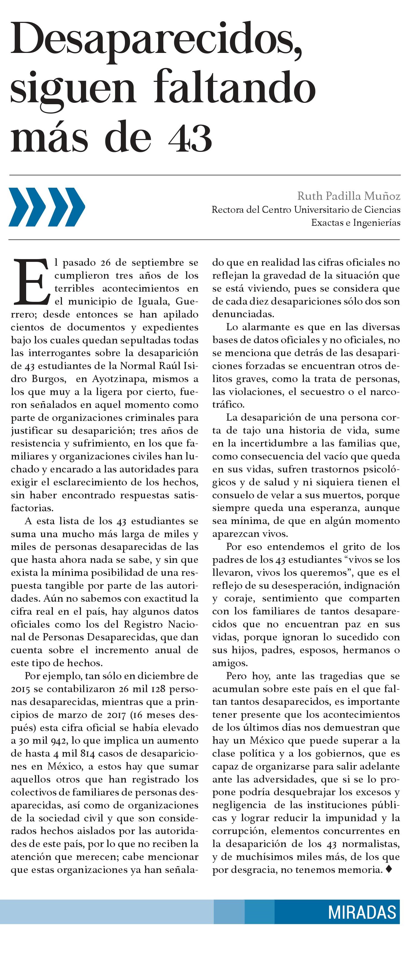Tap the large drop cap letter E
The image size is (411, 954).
coord(31,282)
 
